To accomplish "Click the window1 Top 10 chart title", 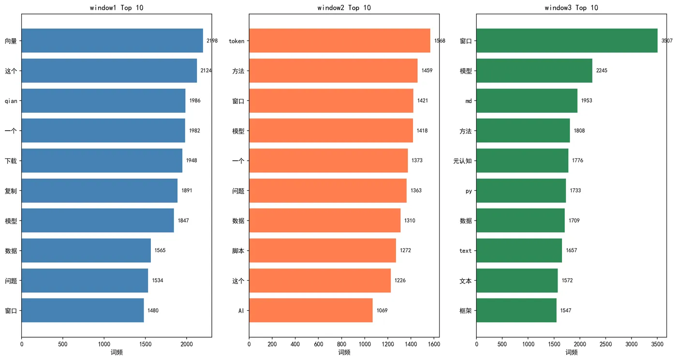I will [117, 8].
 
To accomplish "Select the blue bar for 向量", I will [112, 41].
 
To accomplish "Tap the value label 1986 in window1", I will [195, 101].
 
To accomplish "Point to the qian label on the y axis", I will [11, 101].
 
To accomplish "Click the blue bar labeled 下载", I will [102, 161].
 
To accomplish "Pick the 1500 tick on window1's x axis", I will [146, 344].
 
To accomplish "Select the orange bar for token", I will [339, 41].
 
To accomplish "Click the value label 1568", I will [440, 41].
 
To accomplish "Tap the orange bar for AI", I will [310, 310].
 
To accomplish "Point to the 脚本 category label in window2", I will [238, 251].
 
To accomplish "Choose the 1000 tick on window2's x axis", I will [365, 344].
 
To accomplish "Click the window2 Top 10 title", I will [344, 8].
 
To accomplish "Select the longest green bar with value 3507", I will [567, 41].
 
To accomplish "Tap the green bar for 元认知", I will [522, 161].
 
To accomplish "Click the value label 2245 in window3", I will [602, 71].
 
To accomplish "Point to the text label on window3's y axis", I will [465, 251].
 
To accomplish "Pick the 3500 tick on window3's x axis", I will [657, 344].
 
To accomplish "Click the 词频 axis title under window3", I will [572, 352].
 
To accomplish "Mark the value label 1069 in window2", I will [382, 311].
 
